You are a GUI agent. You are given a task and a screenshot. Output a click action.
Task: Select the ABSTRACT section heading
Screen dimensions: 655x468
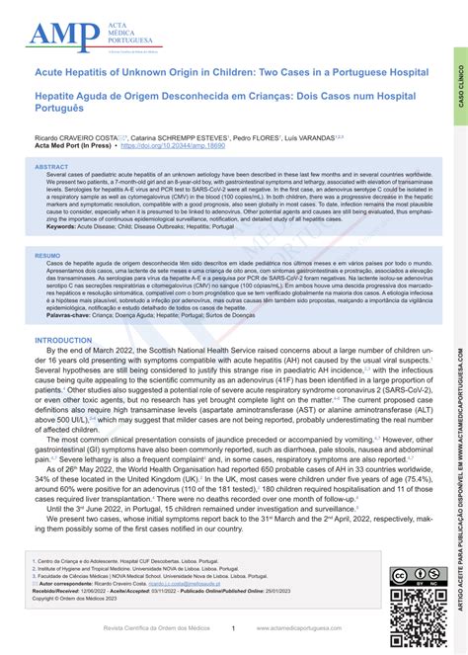tap(52, 167)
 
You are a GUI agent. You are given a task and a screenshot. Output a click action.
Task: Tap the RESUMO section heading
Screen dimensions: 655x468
tap(47, 255)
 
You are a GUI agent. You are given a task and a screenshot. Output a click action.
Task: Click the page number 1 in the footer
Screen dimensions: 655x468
tap(233, 627)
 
